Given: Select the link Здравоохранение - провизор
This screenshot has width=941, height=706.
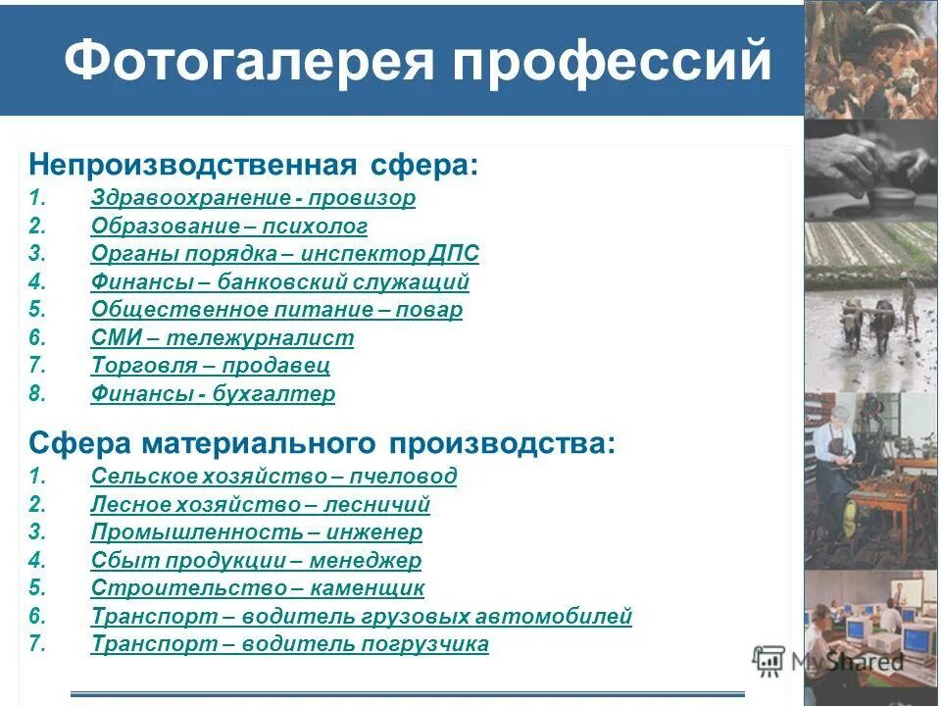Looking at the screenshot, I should pyautogui.click(x=253, y=198).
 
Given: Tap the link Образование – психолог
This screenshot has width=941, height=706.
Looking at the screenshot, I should pyautogui.click(x=229, y=227).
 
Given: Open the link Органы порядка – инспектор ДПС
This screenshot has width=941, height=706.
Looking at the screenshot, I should pyautogui.click(x=285, y=254).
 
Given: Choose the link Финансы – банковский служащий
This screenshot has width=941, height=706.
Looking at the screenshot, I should pyautogui.click(x=280, y=282).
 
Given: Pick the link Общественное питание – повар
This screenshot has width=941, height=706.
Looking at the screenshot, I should pyautogui.click(x=276, y=310).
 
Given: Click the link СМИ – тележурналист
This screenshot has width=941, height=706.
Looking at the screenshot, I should pyautogui.click(x=223, y=338).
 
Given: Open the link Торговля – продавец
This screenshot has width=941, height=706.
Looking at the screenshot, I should pyautogui.click(x=211, y=366).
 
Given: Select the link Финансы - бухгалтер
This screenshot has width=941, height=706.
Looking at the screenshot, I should pyautogui.click(x=213, y=394).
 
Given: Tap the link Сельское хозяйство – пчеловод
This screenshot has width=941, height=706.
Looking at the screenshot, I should pyautogui.click(x=273, y=477).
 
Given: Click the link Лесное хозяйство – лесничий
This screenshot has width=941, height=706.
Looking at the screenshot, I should pyautogui.click(x=261, y=505).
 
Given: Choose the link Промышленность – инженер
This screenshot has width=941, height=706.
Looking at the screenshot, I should pyautogui.click(x=257, y=532).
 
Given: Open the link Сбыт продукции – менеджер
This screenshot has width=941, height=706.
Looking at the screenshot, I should pyautogui.click(x=256, y=561).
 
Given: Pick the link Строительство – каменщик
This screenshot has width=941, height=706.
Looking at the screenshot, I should pyautogui.click(x=258, y=588).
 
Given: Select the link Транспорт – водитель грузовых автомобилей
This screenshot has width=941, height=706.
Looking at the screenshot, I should pyautogui.click(x=362, y=617).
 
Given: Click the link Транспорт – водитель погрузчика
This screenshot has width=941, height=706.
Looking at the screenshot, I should pyautogui.click(x=290, y=644).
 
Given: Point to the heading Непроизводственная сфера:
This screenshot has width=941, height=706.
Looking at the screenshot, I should pyautogui.click(x=254, y=164).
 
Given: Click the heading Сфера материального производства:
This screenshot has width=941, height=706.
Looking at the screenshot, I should pyautogui.click(x=322, y=442).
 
